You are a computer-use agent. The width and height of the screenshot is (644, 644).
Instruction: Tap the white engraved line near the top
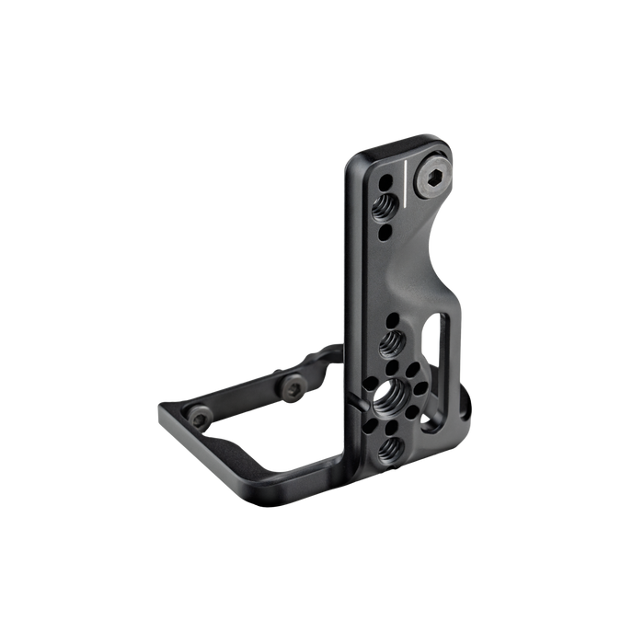click(x=403, y=185)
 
